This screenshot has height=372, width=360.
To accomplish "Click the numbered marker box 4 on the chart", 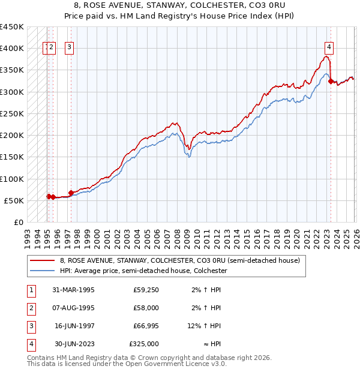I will (329, 48).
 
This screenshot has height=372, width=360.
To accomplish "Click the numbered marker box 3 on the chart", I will (70, 48).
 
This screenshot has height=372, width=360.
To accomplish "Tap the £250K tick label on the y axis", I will (12, 113).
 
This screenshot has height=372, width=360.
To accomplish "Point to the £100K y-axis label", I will (12, 179).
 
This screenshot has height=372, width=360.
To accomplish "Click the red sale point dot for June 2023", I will (331, 81).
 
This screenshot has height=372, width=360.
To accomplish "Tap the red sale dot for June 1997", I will (71, 193).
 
